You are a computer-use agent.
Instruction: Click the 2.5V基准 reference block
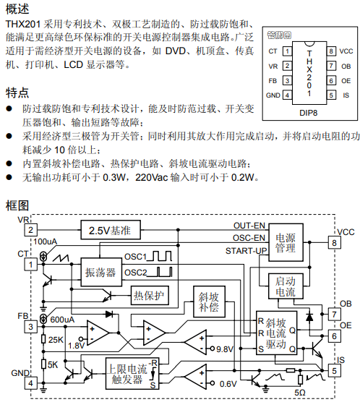click(x=111, y=230)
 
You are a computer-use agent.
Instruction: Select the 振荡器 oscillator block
click(x=101, y=272)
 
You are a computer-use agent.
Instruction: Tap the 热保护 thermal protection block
click(x=150, y=295)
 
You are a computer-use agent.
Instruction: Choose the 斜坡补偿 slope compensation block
click(x=209, y=301)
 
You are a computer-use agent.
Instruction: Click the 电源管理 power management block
click(x=286, y=242)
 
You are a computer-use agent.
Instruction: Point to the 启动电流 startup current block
click(x=286, y=286)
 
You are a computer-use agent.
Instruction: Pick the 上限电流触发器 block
click(x=132, y=373)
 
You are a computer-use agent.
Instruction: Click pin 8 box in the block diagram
click(x=335, y=242)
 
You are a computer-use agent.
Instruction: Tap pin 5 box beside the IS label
click(x=335, y=371)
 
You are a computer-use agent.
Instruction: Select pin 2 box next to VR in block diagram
click(x=31, y=230)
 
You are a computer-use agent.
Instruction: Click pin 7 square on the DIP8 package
click(x=331, y=66)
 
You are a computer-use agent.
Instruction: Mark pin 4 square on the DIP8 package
click(x=287, y=95)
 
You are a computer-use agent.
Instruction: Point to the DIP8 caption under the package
click(x=308, y=113)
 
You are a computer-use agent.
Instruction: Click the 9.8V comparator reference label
click(x=225, y=349)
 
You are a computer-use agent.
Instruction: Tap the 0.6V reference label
click(x=228, y=384)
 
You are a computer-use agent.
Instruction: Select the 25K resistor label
click(x=56, y=340)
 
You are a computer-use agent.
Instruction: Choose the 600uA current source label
click(x=62, y=320)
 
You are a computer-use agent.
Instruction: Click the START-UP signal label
click(x=247, y=251)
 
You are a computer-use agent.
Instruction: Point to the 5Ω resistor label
click(x=300, y=393)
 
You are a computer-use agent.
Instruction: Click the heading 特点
click(x=17, y=93)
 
